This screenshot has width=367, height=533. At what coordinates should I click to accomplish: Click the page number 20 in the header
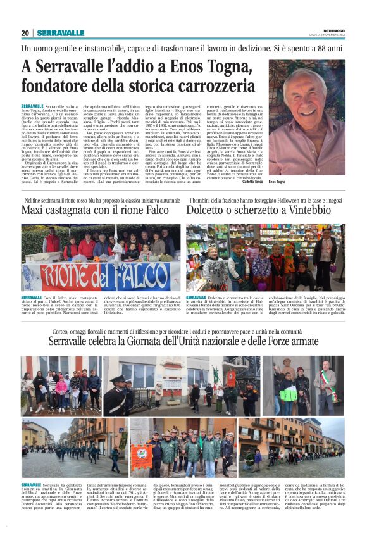[x=25, y=33]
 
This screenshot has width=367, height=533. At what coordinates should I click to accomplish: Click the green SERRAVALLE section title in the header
[x=61, y=33]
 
